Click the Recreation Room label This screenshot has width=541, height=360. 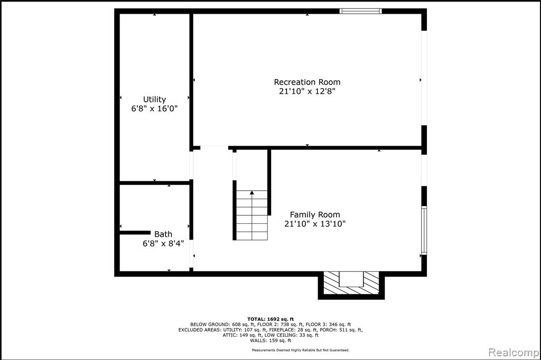[307, 82]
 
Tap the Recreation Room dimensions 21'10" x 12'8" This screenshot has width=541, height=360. [307, 91]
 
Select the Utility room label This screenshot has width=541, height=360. [155, 100]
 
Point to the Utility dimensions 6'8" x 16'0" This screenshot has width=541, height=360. [155, 109]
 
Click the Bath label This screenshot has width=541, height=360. [163, 234]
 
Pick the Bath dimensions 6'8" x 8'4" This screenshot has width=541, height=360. [163, 243]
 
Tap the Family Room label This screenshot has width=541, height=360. [315, 215]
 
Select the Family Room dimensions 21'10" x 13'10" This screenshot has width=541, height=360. [315, 224]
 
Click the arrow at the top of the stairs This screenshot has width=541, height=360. [252, 193]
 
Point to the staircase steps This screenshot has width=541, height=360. [252, 215]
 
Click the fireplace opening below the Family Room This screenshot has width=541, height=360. [351, 279]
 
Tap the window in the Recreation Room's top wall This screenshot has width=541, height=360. [360, 11]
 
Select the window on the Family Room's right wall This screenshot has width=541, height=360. [424, 230]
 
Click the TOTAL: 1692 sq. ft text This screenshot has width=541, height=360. [270, 319]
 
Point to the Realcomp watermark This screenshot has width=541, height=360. [514, 353]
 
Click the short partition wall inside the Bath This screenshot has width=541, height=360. [135, 233]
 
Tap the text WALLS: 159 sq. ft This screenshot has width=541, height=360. [270, 340]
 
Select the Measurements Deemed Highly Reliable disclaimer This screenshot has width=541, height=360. [301, 350]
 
